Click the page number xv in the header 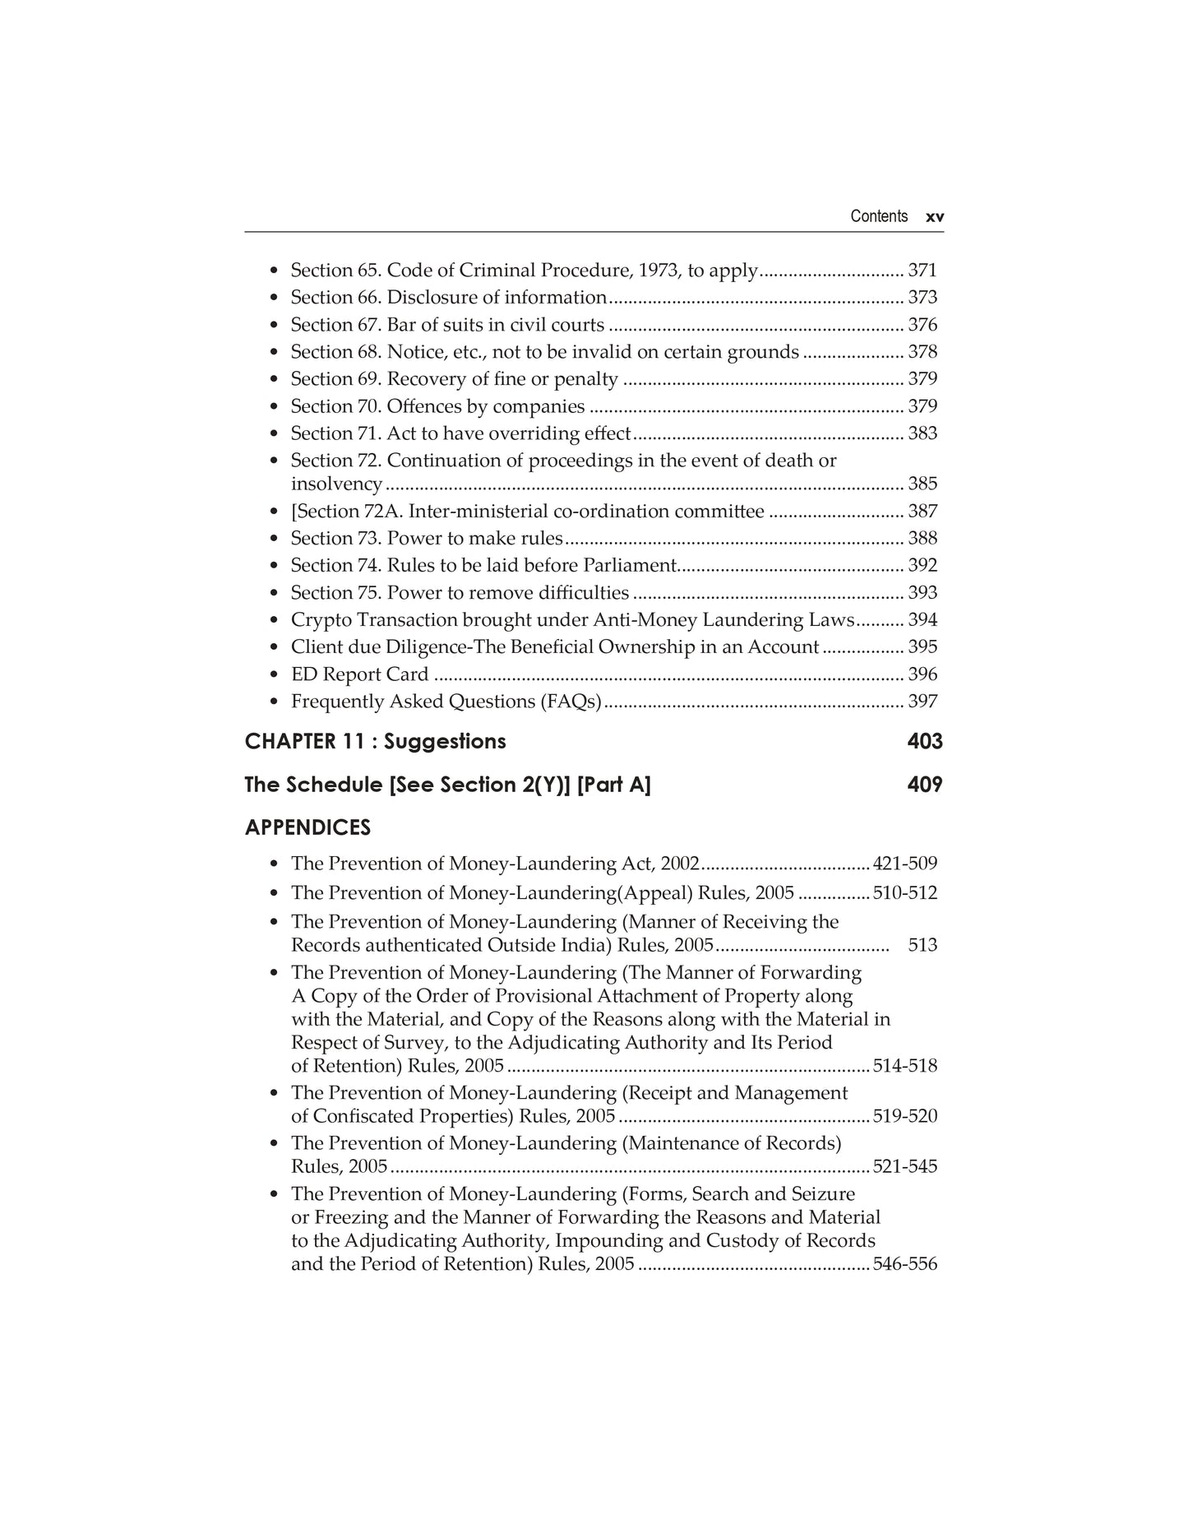935,217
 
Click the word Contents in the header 879,216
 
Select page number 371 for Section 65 922,271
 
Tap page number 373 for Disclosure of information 922,298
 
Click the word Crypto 321,621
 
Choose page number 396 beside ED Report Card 922,674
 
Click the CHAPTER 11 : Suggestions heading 375,742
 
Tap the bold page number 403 925,742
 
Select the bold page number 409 925,785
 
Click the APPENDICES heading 307,828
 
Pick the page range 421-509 904,864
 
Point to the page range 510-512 904,893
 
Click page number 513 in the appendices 922,946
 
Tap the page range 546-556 904,1264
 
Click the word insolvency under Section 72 336,484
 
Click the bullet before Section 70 274,407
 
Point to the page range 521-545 904,1167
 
